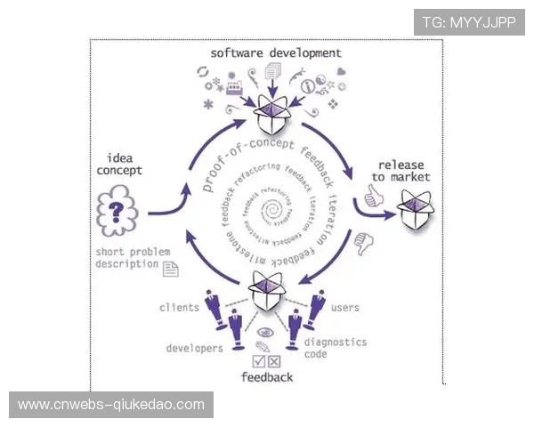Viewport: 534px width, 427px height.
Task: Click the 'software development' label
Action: pos(276,53)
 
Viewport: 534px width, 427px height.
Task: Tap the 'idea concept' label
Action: pos(119,164)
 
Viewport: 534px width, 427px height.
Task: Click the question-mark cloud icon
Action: pos(117,214)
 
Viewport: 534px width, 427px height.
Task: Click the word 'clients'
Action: pos(179,308)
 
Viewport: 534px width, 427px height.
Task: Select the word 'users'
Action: pos(344,308)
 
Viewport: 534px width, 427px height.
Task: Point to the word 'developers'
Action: pos(194,348)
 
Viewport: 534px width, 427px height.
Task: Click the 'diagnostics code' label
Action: pos(335,348)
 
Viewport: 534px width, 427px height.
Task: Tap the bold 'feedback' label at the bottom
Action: pos(267,377)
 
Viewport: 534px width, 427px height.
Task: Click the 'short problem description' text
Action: pos(128,257)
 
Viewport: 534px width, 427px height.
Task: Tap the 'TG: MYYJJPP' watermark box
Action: pos(469,21)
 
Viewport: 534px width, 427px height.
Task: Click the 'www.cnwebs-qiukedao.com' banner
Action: pos(110,405)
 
